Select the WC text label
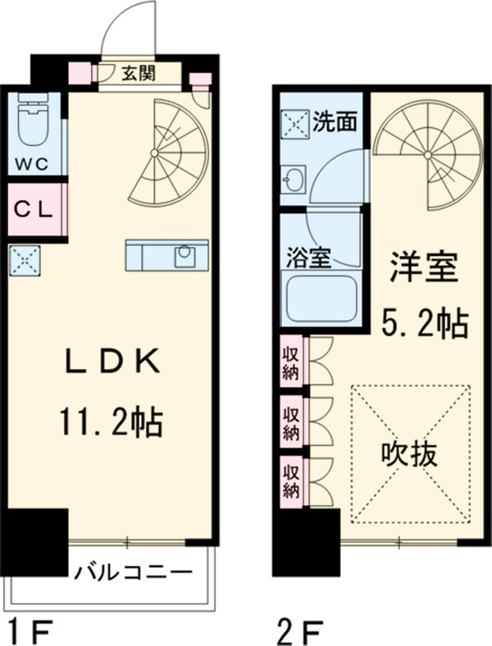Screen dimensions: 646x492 tap(34, 161)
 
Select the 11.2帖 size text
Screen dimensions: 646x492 tap(110, 424)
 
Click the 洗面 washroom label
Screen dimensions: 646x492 tap(335, 121)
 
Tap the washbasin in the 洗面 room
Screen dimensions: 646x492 tap(293, 177)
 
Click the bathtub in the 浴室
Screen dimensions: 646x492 tap(321, 299)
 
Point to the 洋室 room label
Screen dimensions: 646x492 tap(421, 269)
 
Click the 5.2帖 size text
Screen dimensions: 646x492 tap(425, 324)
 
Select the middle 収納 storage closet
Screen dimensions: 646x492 tap(290, 420)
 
